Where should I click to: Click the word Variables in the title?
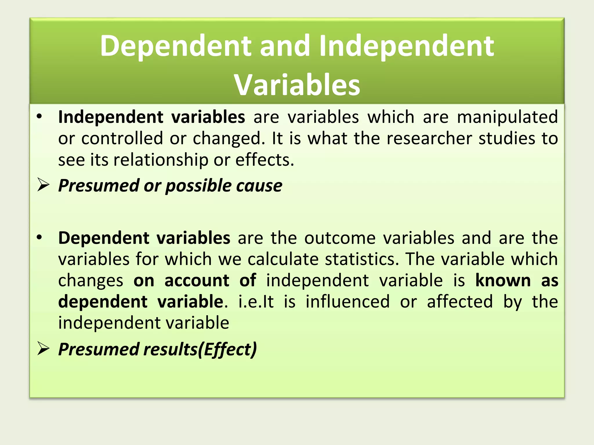tap(297, 85)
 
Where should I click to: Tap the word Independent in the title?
tap(406, 45)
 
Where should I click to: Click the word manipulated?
tap(507, 117)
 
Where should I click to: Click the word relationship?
tap(161, 160)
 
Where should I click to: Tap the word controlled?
tap(122, 138)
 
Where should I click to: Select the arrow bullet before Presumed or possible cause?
tap(44, 185)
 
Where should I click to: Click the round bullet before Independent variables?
tap(39, 117)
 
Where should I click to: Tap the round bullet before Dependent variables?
tap(39, 238)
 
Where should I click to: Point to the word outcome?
tap(340, 238)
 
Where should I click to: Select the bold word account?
tap(197, 280)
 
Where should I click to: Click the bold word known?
tap(503, 280)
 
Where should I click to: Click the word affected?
tap(460, 302)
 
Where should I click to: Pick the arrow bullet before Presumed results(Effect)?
tap(44, 349)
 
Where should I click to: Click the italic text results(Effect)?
tap(200, 349)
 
